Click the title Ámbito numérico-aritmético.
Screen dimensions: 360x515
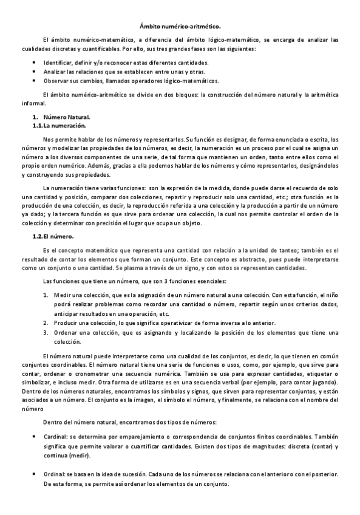click(180, 26)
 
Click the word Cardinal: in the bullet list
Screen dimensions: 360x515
click(56, 437)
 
